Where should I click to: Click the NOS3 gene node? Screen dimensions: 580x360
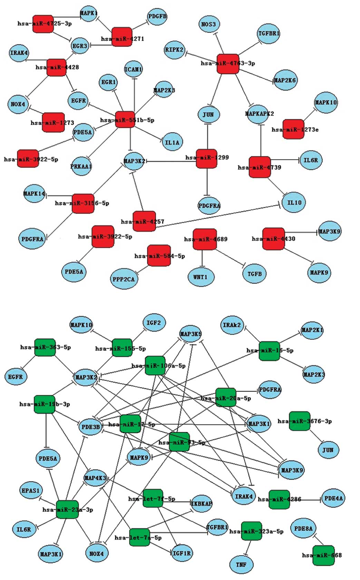(x=208, y=24)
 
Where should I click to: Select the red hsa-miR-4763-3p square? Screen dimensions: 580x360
(x=228, y=64)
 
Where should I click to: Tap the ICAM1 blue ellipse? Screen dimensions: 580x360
(x=133, y=69)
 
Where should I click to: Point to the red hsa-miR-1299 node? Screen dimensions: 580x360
(x=206, y=158)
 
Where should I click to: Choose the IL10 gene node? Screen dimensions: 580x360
(x=294, y=203)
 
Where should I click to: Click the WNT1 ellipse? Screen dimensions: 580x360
(x=201, y=277)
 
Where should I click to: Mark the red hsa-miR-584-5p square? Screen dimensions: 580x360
(x=159, y=256)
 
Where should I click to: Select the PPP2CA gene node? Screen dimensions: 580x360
(x=124, y=279)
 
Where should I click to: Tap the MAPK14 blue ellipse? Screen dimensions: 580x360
(x=34, y=194)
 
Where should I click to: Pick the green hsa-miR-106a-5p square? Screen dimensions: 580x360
(x=155, y=366)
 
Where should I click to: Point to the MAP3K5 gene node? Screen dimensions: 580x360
(x=191, y=334)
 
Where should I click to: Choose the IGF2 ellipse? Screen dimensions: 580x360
(x=154, y=323)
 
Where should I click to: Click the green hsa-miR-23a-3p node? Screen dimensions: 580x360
(x=67, y=509)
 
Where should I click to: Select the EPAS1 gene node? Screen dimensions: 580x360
(x=31, y=490)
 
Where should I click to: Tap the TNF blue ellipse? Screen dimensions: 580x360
(x=241, y=564)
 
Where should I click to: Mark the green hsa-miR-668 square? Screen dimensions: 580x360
(x=323, y=555)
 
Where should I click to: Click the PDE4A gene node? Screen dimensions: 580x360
(x=333, y=498)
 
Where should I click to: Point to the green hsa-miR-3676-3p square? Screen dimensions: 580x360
(x=299, y=421)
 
